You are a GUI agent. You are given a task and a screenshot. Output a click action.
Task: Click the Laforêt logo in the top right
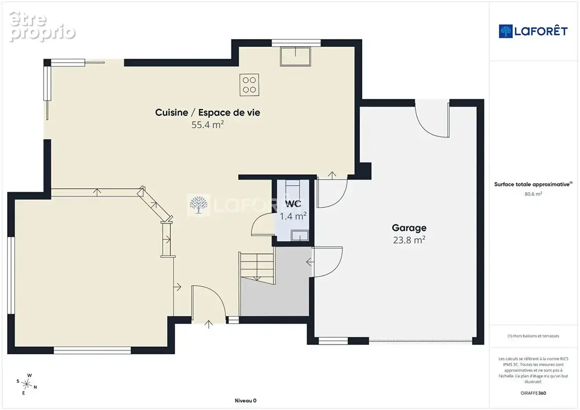[x=533, y=31]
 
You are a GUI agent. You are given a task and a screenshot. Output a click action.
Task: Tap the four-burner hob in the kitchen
[x=249, y=85]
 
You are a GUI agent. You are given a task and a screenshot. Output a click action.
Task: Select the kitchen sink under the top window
[x=295, y=56]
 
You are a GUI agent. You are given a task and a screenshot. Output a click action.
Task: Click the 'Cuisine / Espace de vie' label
[x=208, y=112]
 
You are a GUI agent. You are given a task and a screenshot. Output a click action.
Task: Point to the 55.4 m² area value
[x=208, y=125]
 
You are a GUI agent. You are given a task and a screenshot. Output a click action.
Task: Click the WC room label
[x=293, y=203]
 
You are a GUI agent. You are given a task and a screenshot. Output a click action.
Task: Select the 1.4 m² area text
[x=293, y=216]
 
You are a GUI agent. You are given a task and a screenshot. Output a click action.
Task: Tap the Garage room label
[x=409, y=228]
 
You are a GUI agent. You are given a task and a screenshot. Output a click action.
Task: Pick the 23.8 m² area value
[x=409, y=240]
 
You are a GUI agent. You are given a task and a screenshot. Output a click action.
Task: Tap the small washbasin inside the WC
[x=299, y=236]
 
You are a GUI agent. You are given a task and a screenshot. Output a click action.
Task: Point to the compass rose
[x=27, y=384]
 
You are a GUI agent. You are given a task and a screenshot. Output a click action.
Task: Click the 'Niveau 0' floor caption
[x=246, y=401]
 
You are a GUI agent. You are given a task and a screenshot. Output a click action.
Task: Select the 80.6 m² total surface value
[x=533, y=194]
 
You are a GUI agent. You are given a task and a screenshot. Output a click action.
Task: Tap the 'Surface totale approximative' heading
[x=533, y=184]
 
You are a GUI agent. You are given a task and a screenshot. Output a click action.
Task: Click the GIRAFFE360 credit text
[x=533, y=393]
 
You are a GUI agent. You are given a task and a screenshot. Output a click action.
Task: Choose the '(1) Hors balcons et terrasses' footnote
[x=533, y=336]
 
